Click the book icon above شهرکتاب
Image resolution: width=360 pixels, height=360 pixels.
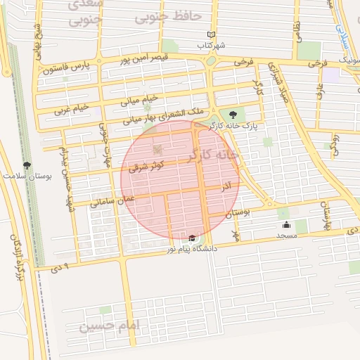212,34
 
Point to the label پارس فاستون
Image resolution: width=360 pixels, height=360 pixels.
65,68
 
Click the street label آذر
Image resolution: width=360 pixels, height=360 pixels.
226,187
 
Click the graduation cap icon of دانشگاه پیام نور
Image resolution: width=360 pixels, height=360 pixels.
193,238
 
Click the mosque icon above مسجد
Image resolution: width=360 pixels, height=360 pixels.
286,225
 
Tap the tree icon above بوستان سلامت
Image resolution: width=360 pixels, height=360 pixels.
27,164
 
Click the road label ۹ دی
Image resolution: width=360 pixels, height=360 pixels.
62,268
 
